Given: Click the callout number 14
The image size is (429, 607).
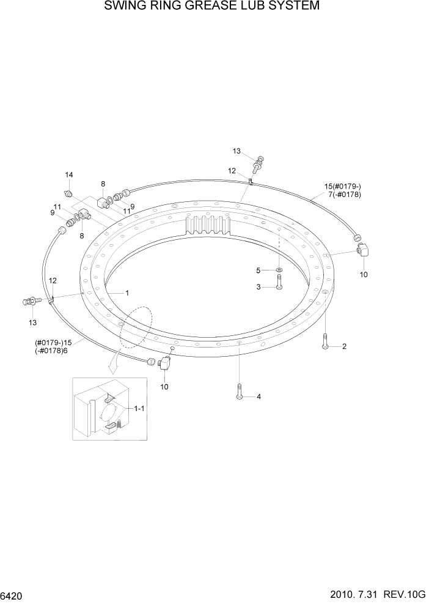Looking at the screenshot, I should point(69,175).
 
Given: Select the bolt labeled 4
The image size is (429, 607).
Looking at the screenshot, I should point(239,392).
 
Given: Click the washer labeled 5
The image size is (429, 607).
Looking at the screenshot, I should point(278,269).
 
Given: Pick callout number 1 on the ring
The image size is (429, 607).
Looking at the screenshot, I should point(127,292).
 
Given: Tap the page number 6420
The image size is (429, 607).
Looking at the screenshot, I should point(13,595).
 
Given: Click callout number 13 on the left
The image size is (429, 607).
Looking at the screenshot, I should point(32,322).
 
